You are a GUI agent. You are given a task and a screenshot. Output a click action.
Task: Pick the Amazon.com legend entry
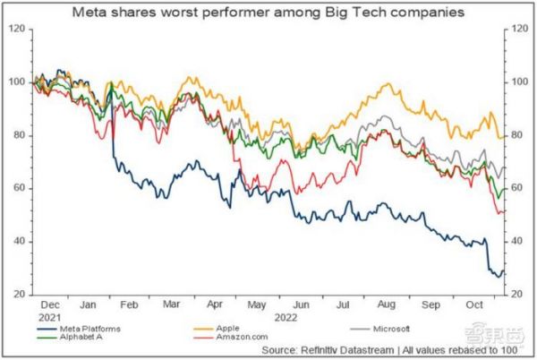(x=237, y=340)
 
